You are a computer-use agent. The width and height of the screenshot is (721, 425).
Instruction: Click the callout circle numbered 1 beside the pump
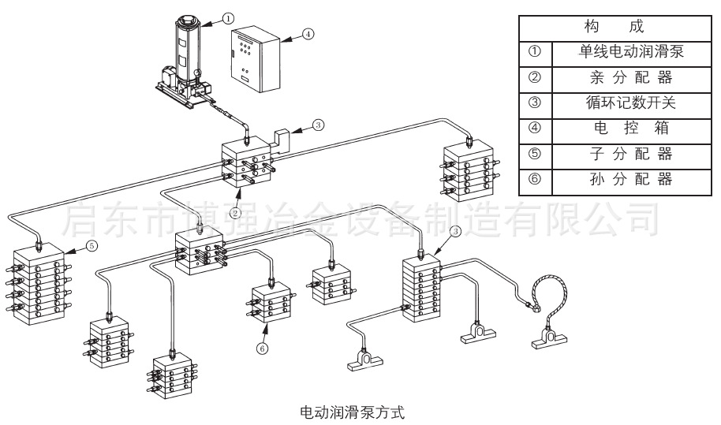coord(228,17)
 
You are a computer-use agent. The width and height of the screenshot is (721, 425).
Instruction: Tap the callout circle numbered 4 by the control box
coord(308,34)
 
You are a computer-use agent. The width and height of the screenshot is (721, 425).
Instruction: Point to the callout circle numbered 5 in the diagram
coord(92,246)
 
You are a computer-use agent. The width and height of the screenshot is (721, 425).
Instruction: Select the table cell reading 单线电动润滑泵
coord(630,53)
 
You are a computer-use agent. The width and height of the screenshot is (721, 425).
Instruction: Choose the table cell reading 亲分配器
coord(630,78)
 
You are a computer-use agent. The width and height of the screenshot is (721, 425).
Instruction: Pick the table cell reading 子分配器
coord(630,154)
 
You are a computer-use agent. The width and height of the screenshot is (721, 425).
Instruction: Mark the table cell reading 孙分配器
coord(630,179)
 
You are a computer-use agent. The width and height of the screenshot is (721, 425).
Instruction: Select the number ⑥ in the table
coord(535,179)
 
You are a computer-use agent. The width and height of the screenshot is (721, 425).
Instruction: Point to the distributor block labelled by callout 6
coord(271,304)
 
